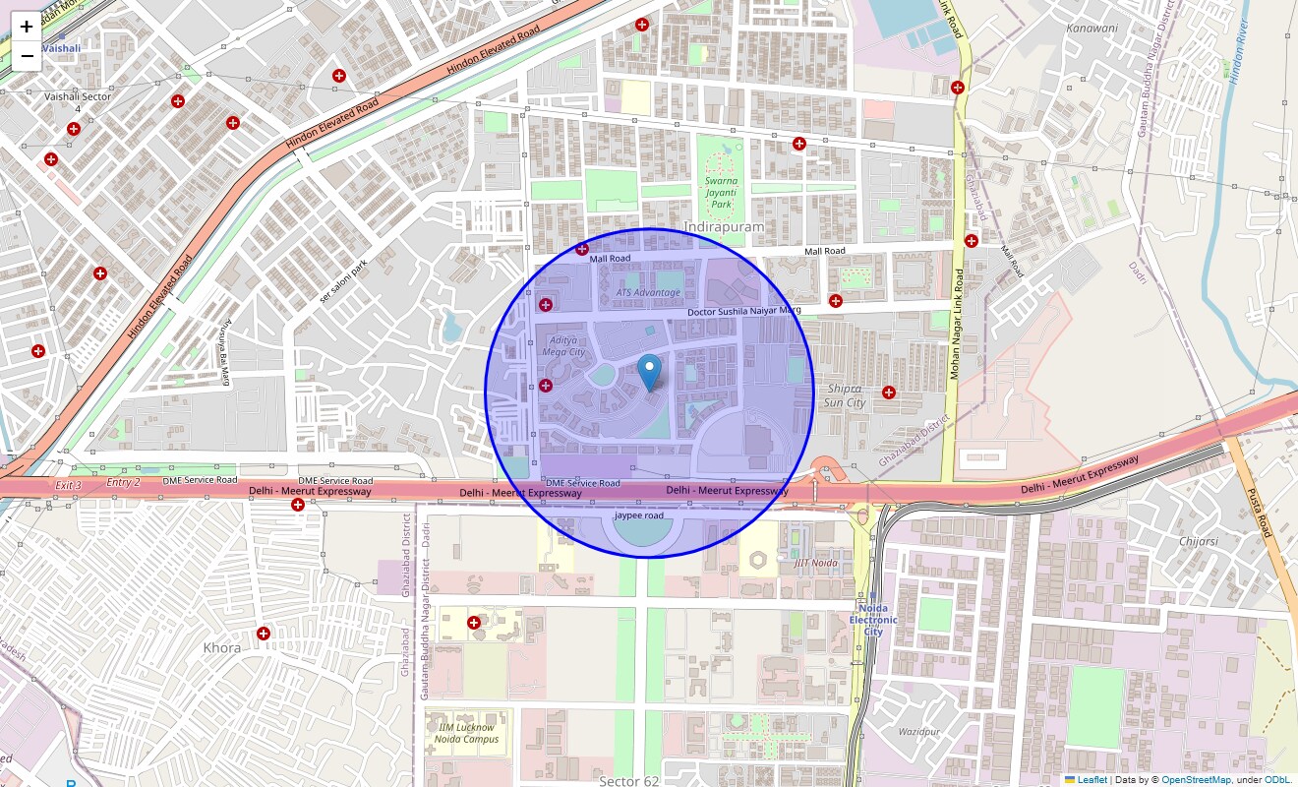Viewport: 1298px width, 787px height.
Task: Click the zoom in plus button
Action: click(27, 28)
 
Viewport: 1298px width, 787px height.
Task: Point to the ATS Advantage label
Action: click(648, 292)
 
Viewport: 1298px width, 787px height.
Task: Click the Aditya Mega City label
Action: click(563, 345)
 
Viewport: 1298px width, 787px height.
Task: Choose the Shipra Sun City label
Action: click(844, 395)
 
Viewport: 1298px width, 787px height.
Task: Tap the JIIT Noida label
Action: click(816, 563)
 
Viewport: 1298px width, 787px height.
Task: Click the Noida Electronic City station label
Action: click(873, 620)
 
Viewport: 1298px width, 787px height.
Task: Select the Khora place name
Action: click(221, 648)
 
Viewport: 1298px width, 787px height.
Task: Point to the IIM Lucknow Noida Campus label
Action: click(467, 733)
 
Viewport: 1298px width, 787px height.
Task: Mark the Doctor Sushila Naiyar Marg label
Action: click(744, 311)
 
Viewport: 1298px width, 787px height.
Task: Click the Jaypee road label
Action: click(639, 515)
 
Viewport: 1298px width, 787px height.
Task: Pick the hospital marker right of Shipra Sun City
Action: click(889, 393)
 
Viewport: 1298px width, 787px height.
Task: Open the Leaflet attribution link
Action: click(1091, 779)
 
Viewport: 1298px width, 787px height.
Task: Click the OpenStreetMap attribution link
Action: click(1196, 779)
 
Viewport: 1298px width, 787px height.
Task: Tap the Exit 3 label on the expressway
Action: click(68, 485)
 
